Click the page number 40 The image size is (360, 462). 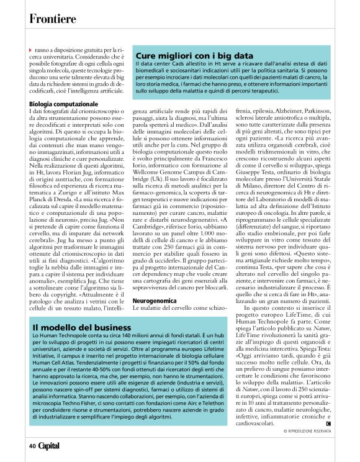[32, 445]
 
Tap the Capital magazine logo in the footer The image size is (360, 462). [50, 445]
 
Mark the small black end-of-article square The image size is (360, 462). [328, 423]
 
